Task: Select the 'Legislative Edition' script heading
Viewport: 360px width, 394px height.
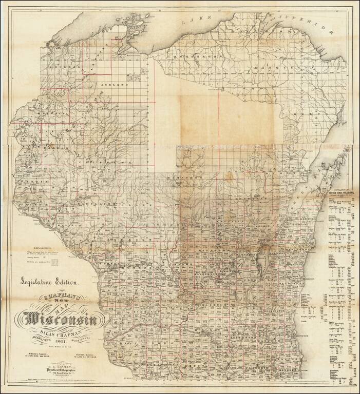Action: pos(49,281)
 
